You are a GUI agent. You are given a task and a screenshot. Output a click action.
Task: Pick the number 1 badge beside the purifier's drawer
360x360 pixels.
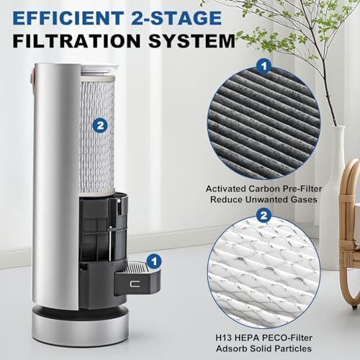tap(153, 262)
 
